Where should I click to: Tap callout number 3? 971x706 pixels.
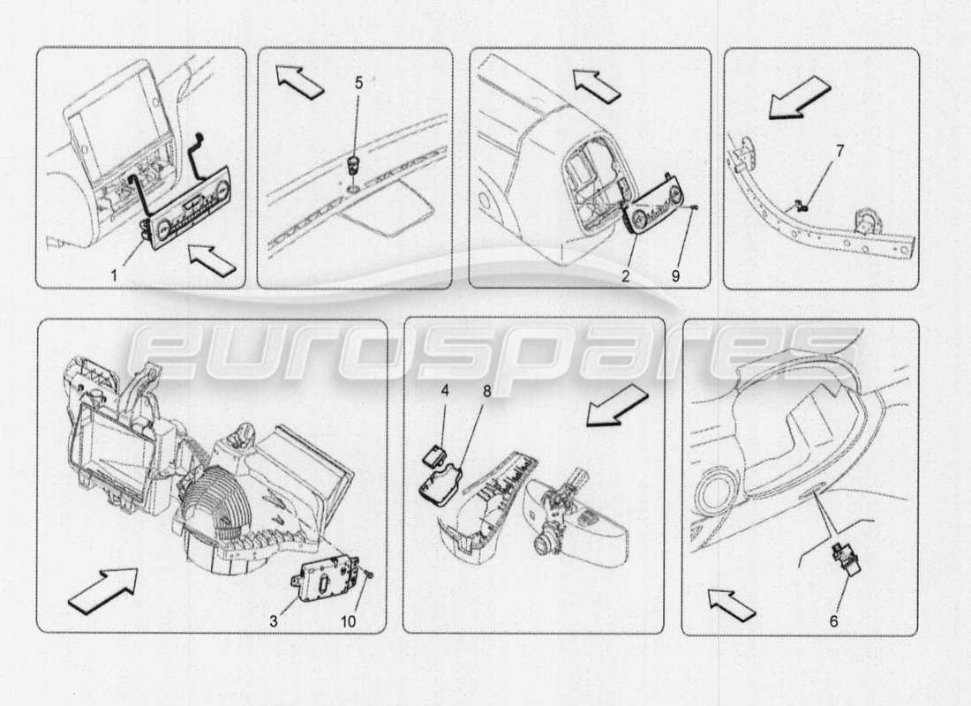pyautogui.click(x=273, y=621)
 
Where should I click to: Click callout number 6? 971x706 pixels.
pyautogui.click(x=834, y=620)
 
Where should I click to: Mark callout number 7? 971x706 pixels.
pyautogui.click(x=839, y=151)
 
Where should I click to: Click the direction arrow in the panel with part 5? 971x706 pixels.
pyautogui.click(x=297, y=82)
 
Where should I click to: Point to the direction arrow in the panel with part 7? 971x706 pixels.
pyautogui.click(x=798, y=96)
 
